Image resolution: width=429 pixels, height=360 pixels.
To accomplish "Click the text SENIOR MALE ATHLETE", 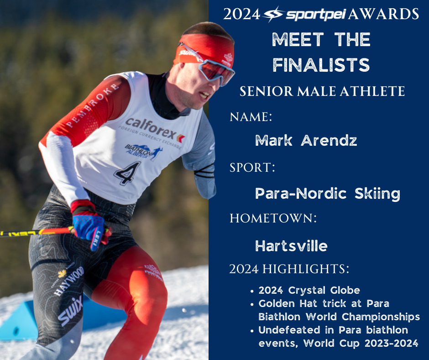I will click(x=322, y=91).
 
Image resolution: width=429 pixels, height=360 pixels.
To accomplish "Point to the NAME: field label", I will click(x=251, y=117).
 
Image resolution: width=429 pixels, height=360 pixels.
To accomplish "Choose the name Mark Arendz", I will click(x=306, y=140).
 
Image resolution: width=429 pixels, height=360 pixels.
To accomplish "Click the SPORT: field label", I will click(x=252, y=167).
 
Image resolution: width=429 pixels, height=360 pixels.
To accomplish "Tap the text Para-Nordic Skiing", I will click(x=327, y=194).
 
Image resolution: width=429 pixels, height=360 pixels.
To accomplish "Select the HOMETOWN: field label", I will click(x=273, y=218).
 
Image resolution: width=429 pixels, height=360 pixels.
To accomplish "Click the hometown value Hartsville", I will click(x=291, y=246).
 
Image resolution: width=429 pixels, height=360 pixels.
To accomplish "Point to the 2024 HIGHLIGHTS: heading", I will click(x=289, y=269).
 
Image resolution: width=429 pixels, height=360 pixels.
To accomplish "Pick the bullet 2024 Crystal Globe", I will click(x=309, y=291).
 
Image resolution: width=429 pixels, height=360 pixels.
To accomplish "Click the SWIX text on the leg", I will click(x=70, y=311).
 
